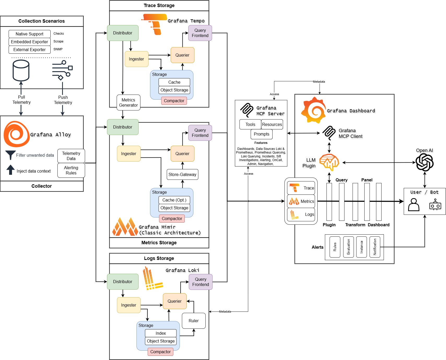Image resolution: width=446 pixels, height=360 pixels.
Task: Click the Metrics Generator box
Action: (x=128, y=102)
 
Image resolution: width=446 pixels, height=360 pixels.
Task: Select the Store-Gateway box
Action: (x=182, y=174)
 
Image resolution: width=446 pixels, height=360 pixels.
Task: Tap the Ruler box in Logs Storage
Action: (x=194, y=321)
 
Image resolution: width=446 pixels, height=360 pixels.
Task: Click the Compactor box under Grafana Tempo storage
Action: (x=174, y=101)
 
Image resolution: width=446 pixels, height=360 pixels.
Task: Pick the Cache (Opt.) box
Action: (x=174, y=200)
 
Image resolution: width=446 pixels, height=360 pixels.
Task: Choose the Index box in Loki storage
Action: (x=161, y=333)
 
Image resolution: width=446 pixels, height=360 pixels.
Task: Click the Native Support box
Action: (x=29, y=34)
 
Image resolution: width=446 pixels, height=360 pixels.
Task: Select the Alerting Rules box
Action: (x=71, y=170)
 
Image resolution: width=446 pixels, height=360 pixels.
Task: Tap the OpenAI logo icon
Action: (x=424, y=162)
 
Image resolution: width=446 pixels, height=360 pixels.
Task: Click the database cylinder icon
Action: (x=21, y=70)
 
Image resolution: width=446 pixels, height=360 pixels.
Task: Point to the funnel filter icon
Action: (x=10, y=155)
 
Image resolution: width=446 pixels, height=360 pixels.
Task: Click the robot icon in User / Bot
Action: (x=435, y=205)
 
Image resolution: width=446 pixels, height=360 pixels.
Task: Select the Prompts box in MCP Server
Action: (x=261, y=134)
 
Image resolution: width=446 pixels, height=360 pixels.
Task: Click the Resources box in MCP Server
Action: (x=272, y=124)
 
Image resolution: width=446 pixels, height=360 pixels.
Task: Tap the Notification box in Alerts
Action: (x=375, y=247)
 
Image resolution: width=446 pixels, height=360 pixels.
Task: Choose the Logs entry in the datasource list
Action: (x=301, y=215)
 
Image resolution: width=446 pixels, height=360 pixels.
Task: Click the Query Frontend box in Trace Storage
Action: (x=200, y=33)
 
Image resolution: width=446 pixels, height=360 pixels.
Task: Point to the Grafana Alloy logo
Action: (x=16, y=134)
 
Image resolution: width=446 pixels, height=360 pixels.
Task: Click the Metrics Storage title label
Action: (x=159, y=243)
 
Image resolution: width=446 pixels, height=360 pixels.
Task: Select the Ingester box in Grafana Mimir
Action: (x=129, y=154)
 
